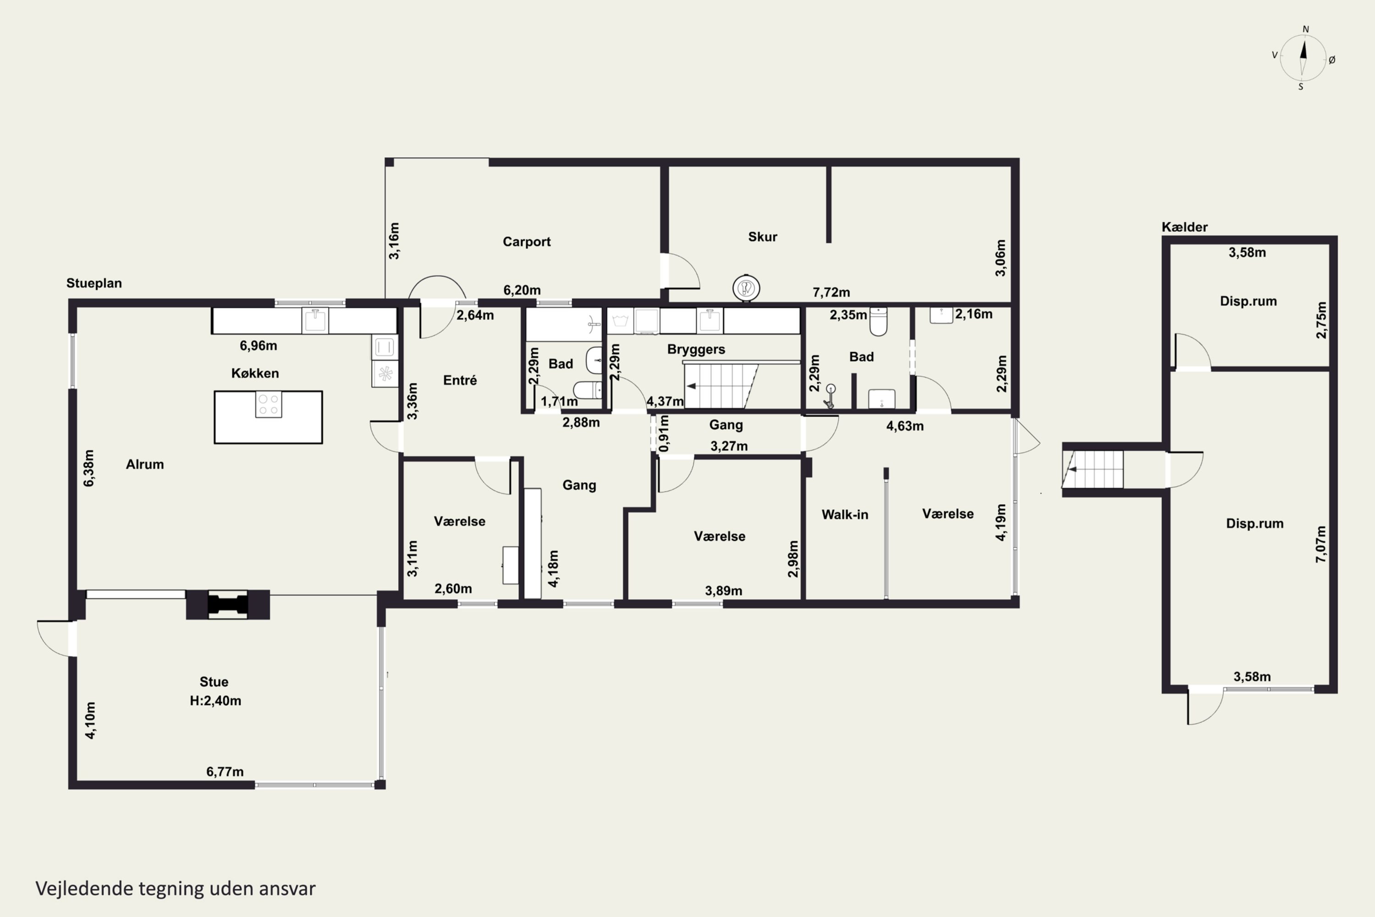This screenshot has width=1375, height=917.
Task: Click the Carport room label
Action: coord(526,242)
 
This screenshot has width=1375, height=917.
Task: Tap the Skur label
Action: coord(762,237)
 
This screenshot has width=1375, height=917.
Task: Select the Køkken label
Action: coord(255,373)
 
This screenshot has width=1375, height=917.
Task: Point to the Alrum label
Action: coord(144,464)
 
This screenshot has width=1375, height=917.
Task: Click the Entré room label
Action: coord(460,380)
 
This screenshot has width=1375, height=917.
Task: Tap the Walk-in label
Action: coord(845,514)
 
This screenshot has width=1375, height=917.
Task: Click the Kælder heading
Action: coord(1184,227)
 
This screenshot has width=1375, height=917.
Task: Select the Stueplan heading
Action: coord(94,283)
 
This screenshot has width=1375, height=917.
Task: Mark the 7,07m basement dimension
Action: coord(1321,545)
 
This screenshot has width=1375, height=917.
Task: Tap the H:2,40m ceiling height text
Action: coord(215,701)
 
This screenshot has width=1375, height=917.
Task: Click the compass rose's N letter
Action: coord(1305,29)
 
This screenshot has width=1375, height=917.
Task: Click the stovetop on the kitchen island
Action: coord(268,404)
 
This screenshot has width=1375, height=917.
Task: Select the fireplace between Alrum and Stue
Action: coord(228,605)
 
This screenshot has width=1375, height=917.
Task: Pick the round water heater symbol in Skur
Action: coord(746,288)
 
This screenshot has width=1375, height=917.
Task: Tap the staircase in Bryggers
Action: coord(721,386)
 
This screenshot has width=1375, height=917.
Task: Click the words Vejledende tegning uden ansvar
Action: coord(176,889)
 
